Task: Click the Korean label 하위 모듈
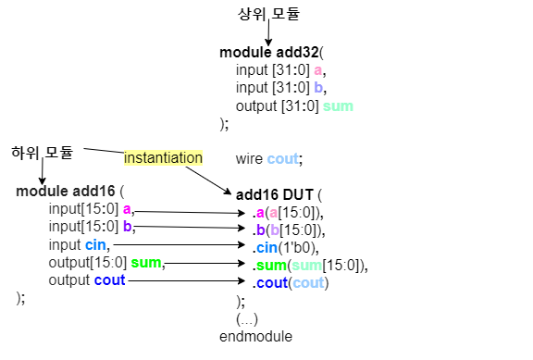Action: [x=42, y=151]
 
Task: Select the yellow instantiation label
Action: [x=163, y=157]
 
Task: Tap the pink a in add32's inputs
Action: [x=318, y=70]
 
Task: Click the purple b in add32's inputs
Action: [x=318, y=88]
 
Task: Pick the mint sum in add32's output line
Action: [x=338, y=106]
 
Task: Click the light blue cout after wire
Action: [x=282, y=159]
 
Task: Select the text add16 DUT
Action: [x=275, y=195]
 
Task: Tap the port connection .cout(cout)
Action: [x=291, y=282]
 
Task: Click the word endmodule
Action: [x=255, y=335]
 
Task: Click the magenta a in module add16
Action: [x=127, y=209]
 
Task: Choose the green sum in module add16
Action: [x=146, y=263]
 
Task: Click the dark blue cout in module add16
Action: [x=109, y=280]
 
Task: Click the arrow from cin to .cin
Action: [x=180, y=245]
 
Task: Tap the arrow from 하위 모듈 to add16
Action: [x=42, y=170]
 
